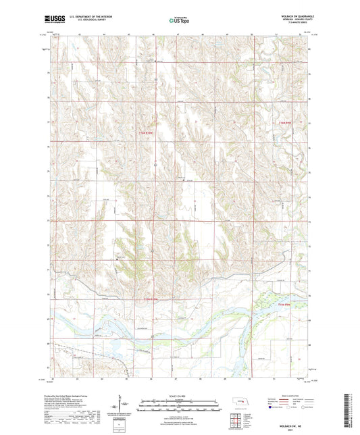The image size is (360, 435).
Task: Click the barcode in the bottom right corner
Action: coord(346,413)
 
